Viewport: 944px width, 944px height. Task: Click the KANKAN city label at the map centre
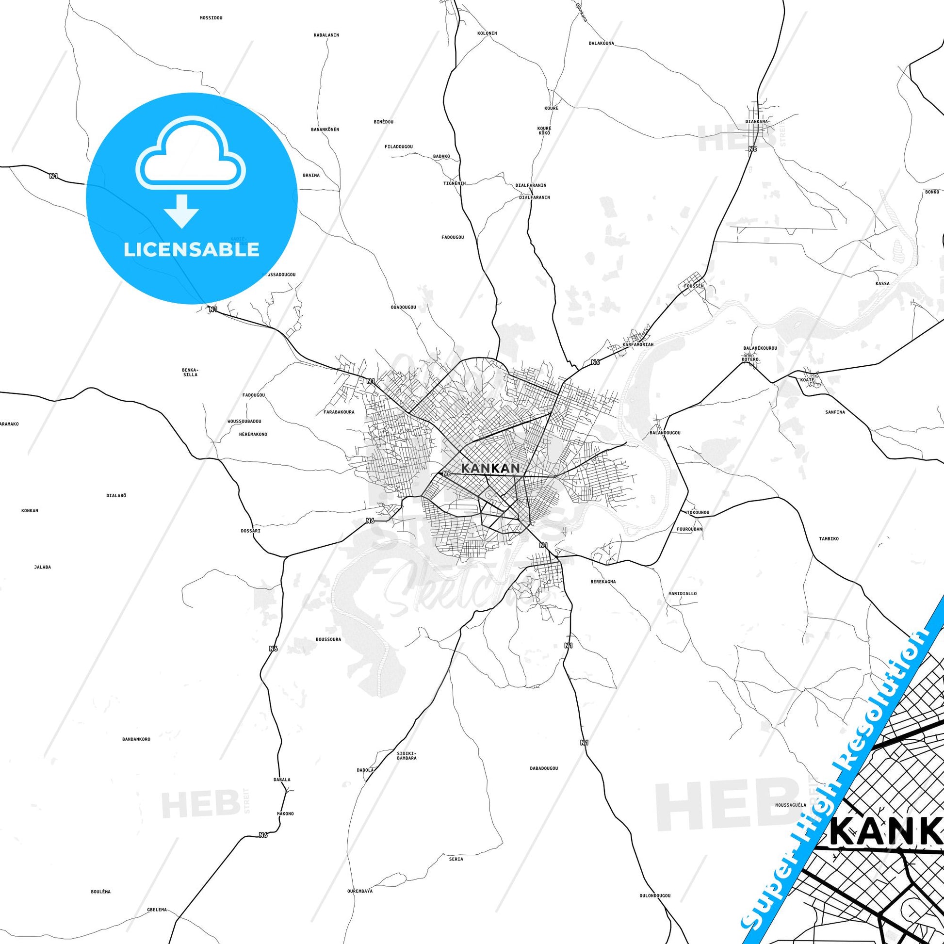coord(490,468)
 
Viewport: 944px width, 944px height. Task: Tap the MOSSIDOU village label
coord(211,18)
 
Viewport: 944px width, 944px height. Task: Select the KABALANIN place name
coord(326,35)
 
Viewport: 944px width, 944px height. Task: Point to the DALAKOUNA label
coord(601,44)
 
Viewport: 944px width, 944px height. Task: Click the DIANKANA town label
coord(756,121)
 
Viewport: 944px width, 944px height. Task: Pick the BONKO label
coord(932,192)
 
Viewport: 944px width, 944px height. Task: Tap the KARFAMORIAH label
coord(638,344)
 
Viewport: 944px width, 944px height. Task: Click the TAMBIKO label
coord(829,538)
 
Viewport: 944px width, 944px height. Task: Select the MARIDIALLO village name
coord(682,594)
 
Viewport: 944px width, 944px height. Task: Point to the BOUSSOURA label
coord(328,639)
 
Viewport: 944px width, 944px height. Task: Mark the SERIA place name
coord(456,859)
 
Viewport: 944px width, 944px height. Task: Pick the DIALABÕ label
coord(116,495)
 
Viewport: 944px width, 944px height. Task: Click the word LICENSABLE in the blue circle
coord(191,249)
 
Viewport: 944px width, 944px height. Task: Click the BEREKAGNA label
coord(603,582)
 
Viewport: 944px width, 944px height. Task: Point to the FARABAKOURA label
coord(339,412)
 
